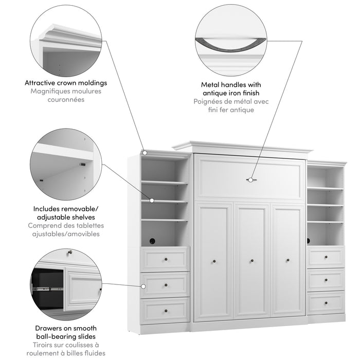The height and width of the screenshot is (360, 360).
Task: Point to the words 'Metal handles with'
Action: pos(232,84)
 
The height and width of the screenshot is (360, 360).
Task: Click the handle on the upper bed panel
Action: pos(250,180)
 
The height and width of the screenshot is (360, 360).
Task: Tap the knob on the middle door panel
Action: pos(251,261)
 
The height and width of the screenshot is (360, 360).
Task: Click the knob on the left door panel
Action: pos(214,261)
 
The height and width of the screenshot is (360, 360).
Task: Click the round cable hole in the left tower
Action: pos(153,240)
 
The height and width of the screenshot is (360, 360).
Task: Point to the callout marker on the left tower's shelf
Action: pos(152,201)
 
